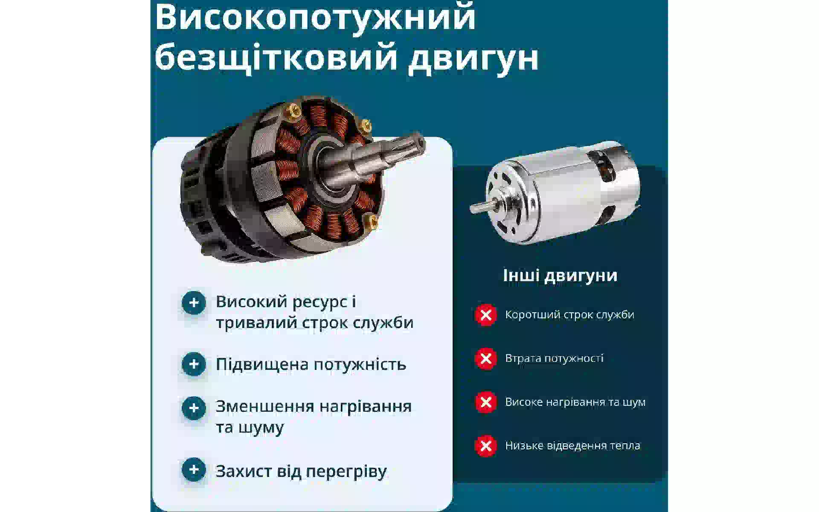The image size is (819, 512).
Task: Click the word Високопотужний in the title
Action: pos(315,18)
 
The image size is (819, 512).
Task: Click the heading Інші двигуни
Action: pos(560,276)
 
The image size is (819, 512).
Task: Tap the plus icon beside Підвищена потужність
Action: pos(194,364)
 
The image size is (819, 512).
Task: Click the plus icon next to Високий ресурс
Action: pos(194,303)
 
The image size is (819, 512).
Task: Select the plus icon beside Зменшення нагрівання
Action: pos(194,408)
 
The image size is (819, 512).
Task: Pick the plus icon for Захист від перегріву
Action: pos(194,470)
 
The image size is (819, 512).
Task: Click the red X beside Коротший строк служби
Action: pos(485,315)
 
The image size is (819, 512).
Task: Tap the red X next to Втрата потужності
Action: pos(485,359)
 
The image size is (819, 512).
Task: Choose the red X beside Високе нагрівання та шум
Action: pos(485,402)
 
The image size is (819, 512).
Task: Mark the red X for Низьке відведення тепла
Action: pos(485,446)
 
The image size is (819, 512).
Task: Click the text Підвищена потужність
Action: pos(311,364)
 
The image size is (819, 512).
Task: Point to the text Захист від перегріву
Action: pos(301,471)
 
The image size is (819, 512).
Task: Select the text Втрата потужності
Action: pos(554,358)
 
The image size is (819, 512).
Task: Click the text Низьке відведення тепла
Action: pos(572,445)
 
